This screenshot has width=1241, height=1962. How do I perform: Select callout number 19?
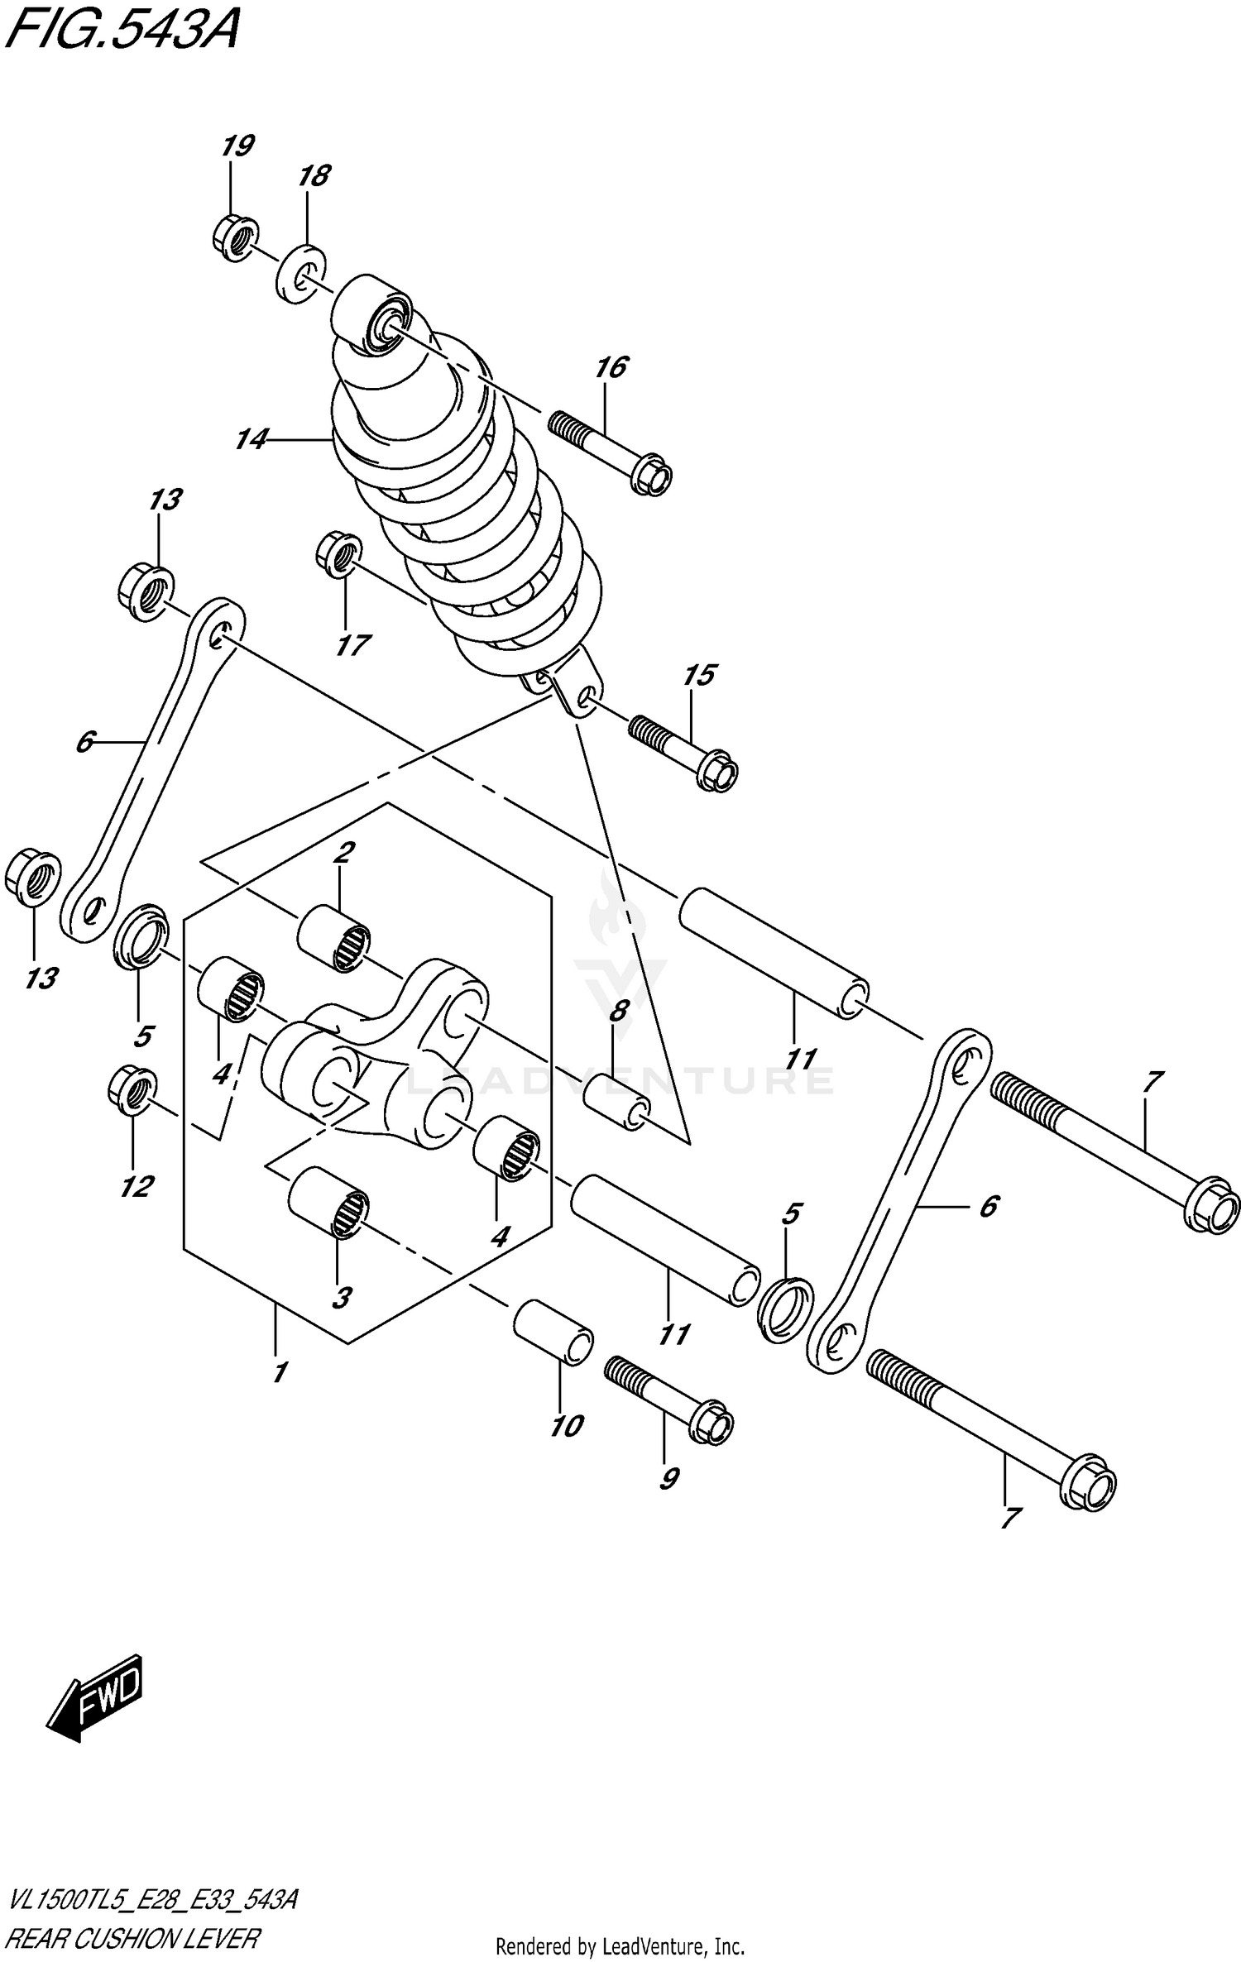pyautogui.click(x=237, y=147)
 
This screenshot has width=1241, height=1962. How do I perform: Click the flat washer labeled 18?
pyautogui.click(x=299, y=273)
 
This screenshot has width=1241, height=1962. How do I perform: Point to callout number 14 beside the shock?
pyautogui.click(x=251, y=440)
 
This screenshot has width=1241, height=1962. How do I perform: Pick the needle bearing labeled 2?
pyautogui.click(x=334, y=939)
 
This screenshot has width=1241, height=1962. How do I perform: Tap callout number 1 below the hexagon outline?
pyautogui.click(x=280, y=1373)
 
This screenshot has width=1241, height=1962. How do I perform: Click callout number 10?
pyautogui.click(x=568, y=1425)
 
